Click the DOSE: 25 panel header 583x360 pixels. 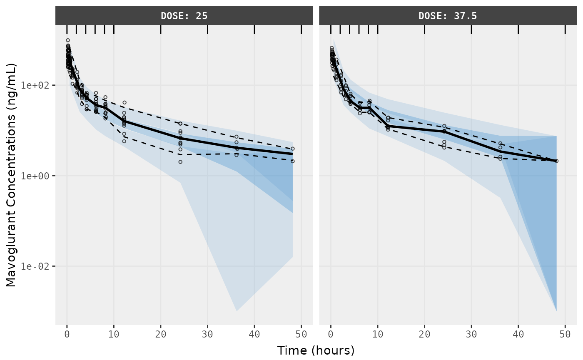point(184,16)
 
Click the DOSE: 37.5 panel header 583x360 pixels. point(448,16)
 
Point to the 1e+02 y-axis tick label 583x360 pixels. point(38,85)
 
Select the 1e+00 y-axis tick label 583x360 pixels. point(38,176)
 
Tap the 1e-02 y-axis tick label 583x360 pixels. point(38,266)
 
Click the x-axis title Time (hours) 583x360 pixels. point(316,350)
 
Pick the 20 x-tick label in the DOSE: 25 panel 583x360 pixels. point(161,334)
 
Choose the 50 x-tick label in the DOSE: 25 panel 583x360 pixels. point(301,334)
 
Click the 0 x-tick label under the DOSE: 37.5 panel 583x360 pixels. point(331,334)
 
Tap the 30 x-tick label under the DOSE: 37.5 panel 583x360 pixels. point(471,334)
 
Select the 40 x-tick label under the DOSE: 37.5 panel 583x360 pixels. point(518,334)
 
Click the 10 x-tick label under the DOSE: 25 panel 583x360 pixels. point(114,334)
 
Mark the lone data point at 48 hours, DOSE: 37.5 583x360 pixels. point(556,161)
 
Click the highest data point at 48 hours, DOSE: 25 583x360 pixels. point(293,149)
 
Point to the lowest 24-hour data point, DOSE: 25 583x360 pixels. point(180,162)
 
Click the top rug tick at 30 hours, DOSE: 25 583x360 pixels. point(207,29)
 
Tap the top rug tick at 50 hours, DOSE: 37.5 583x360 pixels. point(565,29)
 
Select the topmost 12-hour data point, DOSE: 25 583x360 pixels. point(124,102)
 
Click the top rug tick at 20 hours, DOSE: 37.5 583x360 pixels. point(424,29)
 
